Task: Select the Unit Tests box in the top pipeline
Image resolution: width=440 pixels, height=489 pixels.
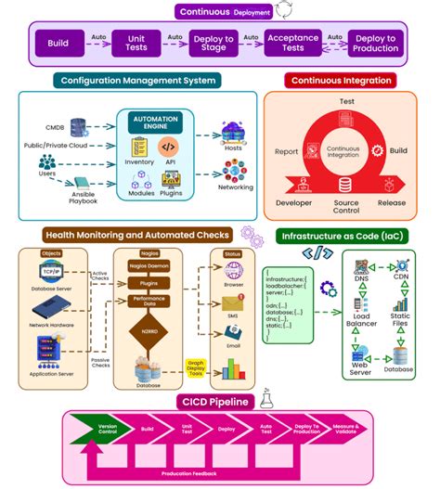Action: [x=136, y=43]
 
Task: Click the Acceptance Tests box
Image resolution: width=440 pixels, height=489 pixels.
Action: [x=292, y=43]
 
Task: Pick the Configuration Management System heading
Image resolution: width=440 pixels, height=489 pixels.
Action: [x=137, y=81]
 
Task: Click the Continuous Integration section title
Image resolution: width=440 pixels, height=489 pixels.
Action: [x=342, y=81]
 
